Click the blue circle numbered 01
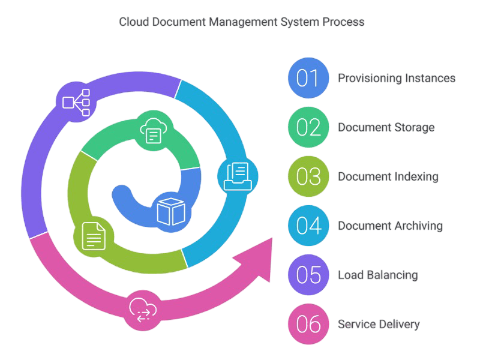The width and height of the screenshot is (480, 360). click(308, 78)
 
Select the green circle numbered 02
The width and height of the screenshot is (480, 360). click(308, 127)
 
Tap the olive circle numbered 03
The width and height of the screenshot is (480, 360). click(308, 176)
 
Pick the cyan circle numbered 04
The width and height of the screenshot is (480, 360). click(308, 226)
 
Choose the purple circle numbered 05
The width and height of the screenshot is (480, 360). click(308, 275)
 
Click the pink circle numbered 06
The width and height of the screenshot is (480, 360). click(308, 324)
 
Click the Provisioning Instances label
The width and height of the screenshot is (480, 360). click(397, 78)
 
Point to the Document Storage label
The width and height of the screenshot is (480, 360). click(386, 127)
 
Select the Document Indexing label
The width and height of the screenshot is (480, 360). click(388, 176)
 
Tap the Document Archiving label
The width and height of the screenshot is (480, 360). click(390, 226)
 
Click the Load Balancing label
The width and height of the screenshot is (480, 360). click(378, 275)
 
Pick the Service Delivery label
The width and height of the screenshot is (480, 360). click(379, 324)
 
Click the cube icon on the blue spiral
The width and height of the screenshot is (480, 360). click(169, 212)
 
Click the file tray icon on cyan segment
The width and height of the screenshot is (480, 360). click(238, 175)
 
